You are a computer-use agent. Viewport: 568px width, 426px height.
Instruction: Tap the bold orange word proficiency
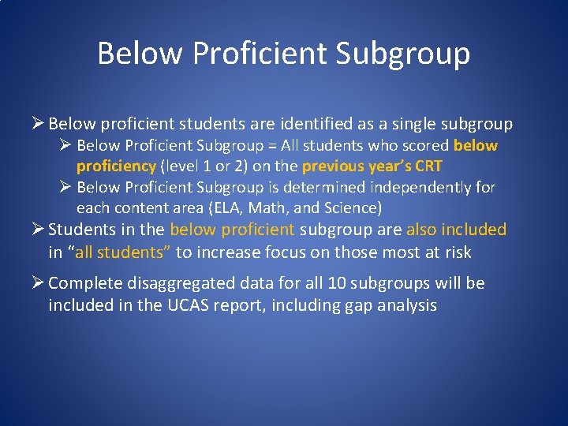click(116, 166)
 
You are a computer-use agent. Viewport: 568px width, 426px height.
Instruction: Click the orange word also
click(423, 230)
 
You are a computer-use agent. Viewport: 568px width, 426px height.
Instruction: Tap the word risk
click(456, 252)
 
